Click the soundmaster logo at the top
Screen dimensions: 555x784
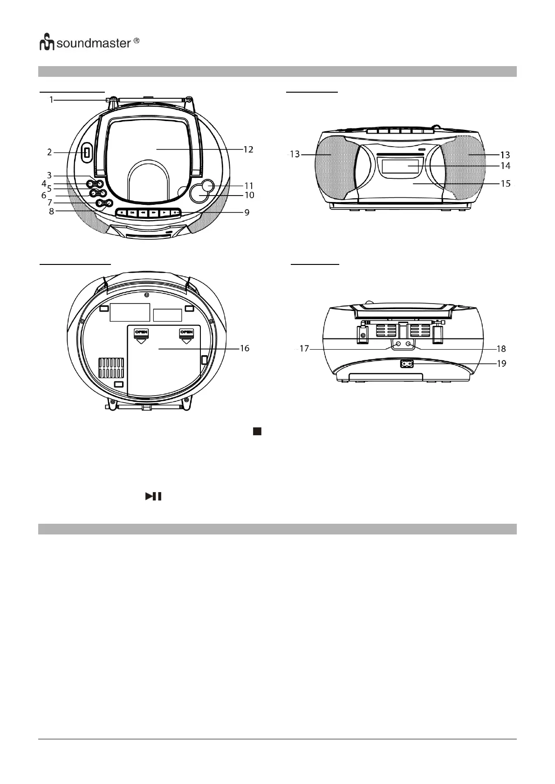89,43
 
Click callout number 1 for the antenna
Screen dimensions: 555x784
52,99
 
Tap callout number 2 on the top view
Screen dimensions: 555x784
49,152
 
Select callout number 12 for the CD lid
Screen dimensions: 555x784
248,149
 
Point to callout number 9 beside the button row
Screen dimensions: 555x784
247,212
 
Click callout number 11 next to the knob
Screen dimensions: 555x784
249,186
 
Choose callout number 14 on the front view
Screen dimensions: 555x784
505,165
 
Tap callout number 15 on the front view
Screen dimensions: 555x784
505,183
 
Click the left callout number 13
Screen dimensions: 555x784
295,154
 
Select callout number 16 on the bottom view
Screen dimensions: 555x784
245,348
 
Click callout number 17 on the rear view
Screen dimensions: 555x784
304,348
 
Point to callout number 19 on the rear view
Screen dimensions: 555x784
501,363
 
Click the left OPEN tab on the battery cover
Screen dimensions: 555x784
141,332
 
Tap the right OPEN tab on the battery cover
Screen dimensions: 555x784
186,332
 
